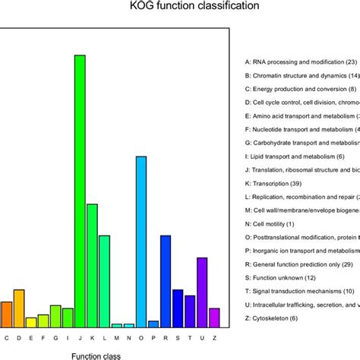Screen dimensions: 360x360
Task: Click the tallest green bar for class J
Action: click(80, 191)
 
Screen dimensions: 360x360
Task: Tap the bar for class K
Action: click(92, 265)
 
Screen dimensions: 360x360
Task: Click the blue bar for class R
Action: click(166, 281)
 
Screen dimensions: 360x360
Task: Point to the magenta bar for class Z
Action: click(214, 317)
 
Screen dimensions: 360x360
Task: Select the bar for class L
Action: click(104, 281)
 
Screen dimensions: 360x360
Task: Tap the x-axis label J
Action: click(80, 337)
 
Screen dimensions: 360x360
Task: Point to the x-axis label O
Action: click(141, 337)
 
